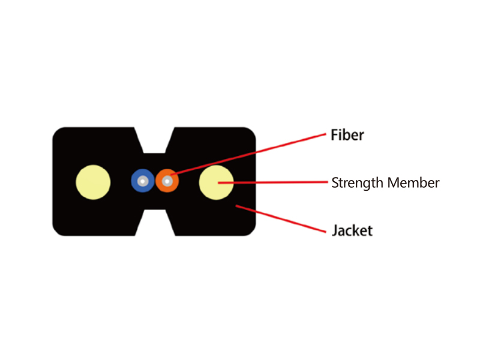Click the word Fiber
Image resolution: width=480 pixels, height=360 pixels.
347,135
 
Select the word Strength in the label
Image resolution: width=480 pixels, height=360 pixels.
357,183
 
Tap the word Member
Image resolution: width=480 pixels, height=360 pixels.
413,183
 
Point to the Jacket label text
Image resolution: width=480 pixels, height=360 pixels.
352,230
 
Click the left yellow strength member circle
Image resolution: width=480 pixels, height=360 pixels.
93,182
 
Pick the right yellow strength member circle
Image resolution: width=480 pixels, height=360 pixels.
217,182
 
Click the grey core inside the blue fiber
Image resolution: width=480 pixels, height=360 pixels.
143,181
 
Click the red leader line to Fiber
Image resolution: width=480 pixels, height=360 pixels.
248,154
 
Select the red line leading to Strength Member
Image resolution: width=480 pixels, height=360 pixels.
273,182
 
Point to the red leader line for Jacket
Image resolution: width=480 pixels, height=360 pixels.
281,219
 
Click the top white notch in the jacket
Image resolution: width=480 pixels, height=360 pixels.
155,139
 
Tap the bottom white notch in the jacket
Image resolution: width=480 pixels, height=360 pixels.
155,223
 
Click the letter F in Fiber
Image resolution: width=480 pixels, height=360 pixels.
334,135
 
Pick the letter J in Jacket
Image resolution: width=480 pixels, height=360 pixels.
335,231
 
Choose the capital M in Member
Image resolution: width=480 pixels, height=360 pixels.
394,183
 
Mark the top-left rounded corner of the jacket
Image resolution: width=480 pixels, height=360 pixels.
56,131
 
